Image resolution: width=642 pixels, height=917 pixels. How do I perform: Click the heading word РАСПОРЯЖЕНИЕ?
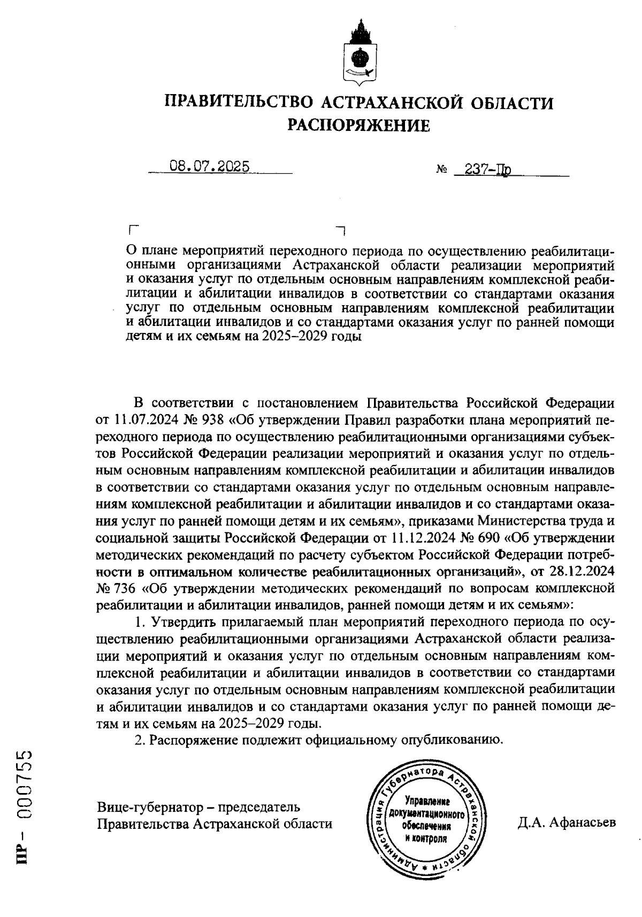click(x=358, y=125)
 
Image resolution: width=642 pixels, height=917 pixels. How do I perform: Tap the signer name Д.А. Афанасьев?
click(x=567, y=822)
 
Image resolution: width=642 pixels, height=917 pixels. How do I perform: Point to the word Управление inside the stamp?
click(x=427, y=802)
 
